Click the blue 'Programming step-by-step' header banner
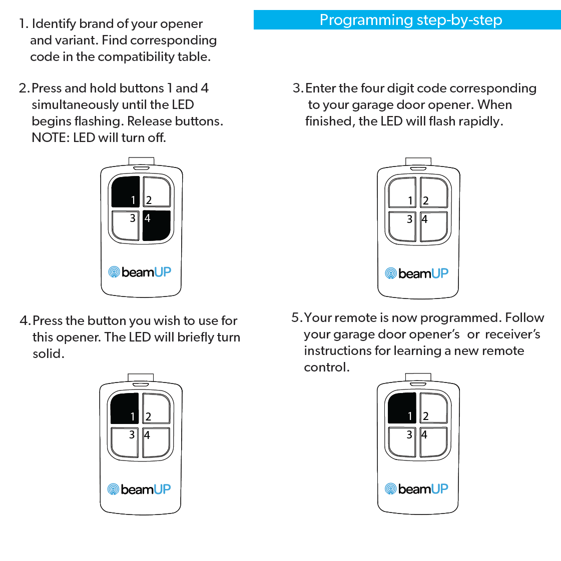click(407, 20)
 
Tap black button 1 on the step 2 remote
click(125, 191)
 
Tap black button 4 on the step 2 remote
click(157, 225)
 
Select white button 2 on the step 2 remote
click(157, 191)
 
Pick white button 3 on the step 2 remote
click(125, 225)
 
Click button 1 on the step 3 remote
click(402, 192)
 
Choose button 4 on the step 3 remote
click(434, 226)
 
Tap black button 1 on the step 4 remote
click(124, 408)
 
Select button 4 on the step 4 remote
click(156, 442)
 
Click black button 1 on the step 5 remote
click(402, 408)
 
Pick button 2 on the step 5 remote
click(433, 408)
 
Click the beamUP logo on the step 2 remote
click(140, 272)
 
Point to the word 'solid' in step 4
click(48, 353)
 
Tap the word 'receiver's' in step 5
click(512, 334)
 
